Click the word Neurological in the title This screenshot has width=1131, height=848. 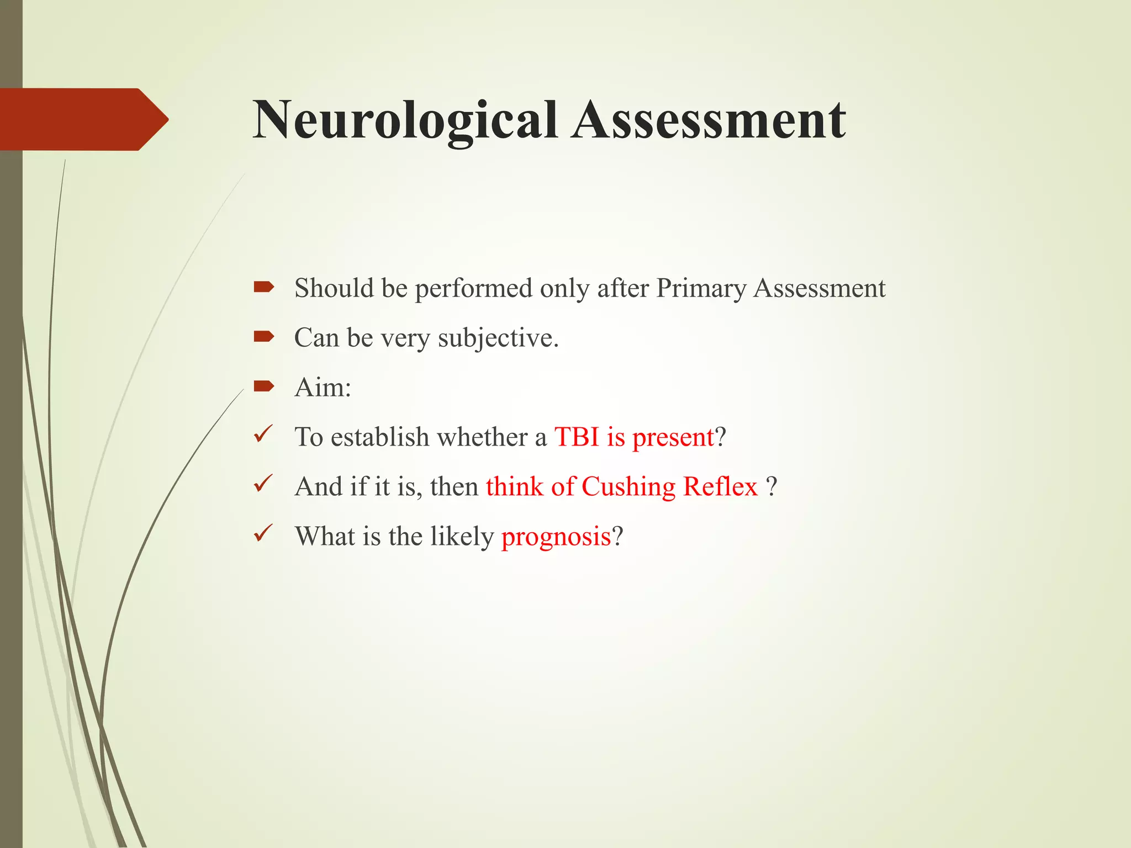point(405,120)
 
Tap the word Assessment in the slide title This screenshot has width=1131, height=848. point(708,120)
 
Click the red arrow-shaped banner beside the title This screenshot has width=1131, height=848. point(83,119)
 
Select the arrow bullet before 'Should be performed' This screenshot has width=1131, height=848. point(264,287)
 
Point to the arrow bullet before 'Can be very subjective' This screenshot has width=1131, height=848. point(264,336)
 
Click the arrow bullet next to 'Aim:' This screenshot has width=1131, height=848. point(264,386)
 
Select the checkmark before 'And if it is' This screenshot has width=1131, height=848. point(263,484)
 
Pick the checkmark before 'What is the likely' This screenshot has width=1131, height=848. point(263,534)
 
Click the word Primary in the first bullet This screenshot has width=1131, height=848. point(701,289)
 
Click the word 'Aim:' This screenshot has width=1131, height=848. point(323,388)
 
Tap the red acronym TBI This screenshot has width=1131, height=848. point(577,437)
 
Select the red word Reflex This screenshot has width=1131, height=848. point(720,487)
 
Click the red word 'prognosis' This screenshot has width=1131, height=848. point(556,537)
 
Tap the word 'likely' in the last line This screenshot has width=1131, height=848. point(462,537)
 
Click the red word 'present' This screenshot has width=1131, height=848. point(673,438)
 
